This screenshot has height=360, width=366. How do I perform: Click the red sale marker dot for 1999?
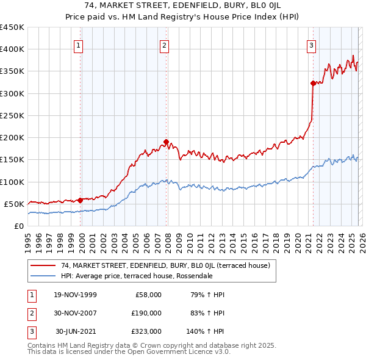coord(81,200)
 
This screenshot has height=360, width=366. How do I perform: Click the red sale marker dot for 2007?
coord(166,142)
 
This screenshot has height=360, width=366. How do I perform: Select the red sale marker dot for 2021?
coord(313,83)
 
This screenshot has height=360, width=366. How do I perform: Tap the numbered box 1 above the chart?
coord(80,45)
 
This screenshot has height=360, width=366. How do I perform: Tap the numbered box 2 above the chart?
coord(165,45)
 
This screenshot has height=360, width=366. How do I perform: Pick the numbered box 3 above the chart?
coord(311,45)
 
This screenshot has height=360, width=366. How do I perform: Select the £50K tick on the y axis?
coord(15,204)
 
